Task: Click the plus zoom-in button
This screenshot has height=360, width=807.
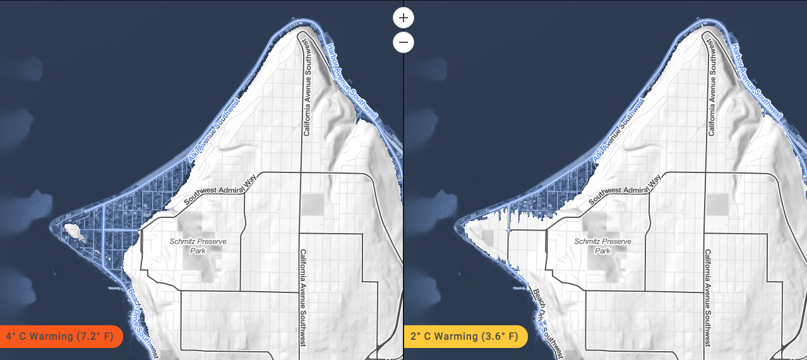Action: click(x=403, y=17)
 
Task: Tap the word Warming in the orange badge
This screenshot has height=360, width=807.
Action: click(x=52, y=336)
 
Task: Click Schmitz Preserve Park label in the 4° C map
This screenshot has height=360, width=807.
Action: click(x=198, y=246)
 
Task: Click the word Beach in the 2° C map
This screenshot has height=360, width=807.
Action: click(x=539, y=297)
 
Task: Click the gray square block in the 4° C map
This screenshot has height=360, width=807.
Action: click(x=311, y=204)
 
